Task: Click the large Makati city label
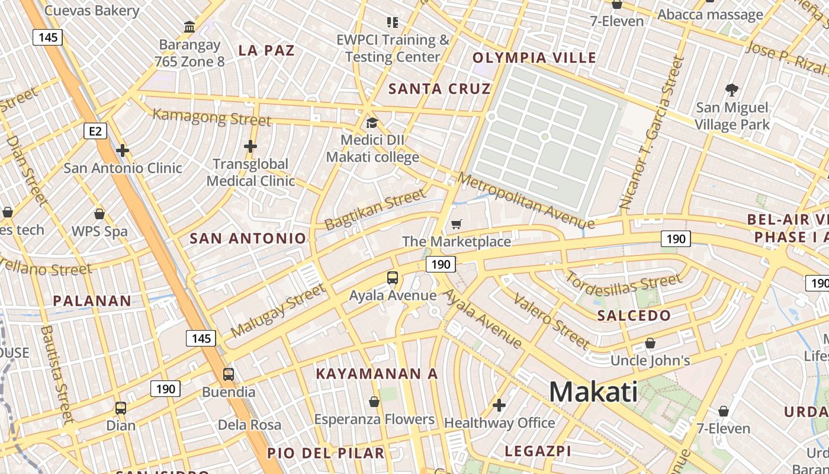click(x=593, y=392)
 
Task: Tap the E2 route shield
click(x=96, y=131)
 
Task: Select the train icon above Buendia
click(x=229, y=374)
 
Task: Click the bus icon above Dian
click(x=121, y=408)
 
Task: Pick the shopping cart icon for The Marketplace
click(x=456, y=224)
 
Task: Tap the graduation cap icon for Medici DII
click(x=372, y=123)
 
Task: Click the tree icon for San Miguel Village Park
click(x=732, y=90)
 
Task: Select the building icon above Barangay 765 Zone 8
click(x=189, y=27)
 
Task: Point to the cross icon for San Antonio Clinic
click(x=123, y=150)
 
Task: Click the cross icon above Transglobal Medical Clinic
click(x=250, y=146)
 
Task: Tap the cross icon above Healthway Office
click(x=499, y=405)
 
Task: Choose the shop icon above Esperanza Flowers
click(x=374, y=402)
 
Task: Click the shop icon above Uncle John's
click(x=650, y=343)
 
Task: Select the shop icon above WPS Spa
click(x=99, y=213)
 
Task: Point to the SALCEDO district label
click(x=634, y=315)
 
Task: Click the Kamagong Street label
click(x=212, y=117)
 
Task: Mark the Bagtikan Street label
click(x=375, y=209)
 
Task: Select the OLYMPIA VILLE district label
click(x=534, y=57)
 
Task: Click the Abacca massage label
click(x=710, y=15)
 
